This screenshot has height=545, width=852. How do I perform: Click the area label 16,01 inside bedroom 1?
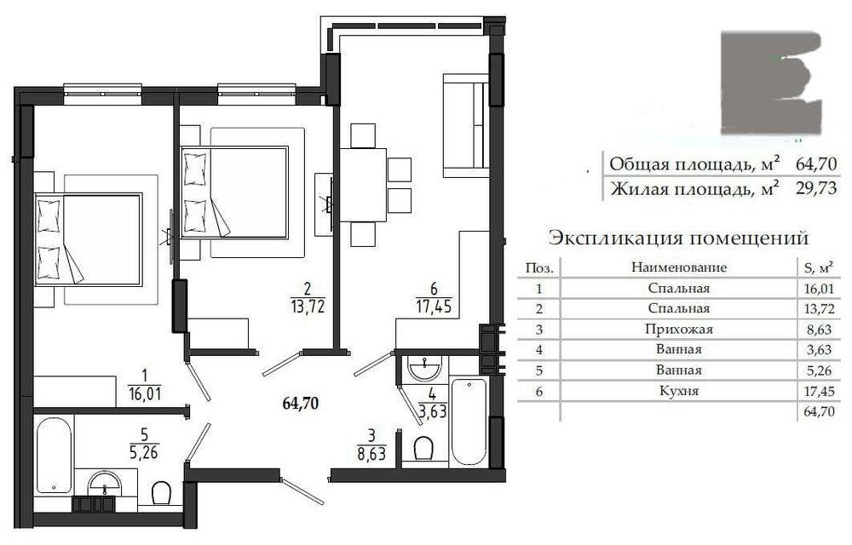coord(144,393)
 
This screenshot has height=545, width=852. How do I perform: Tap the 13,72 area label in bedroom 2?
coord(308,307)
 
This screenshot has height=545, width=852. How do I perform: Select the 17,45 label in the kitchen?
coord(434,307)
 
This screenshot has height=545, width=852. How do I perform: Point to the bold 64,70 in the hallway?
coord(301,404)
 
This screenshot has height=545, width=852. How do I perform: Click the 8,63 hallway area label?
coord(372,453)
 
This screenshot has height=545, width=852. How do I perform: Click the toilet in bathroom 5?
coord(161,493)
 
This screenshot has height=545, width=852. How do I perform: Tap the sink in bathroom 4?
coord(426,368)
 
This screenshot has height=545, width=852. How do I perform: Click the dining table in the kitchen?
coord(363,185)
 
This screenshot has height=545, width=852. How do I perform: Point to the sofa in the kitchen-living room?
coord(465,126)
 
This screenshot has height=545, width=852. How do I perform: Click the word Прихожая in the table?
coord(679,329)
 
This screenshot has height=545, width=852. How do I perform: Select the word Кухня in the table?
coord(679,390)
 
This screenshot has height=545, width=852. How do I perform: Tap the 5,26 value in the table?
coord(818,370)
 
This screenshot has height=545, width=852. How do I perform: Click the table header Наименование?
coord(679,267)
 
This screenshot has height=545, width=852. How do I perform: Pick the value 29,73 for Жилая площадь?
coord(815,188)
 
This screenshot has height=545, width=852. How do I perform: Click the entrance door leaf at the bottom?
coord(303,490)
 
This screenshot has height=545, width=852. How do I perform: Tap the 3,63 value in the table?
coord(818,350)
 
